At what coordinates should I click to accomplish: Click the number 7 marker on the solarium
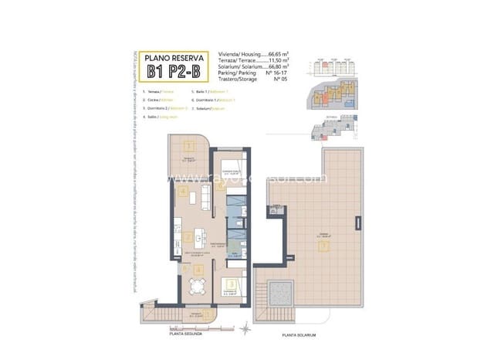coord(325,246)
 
